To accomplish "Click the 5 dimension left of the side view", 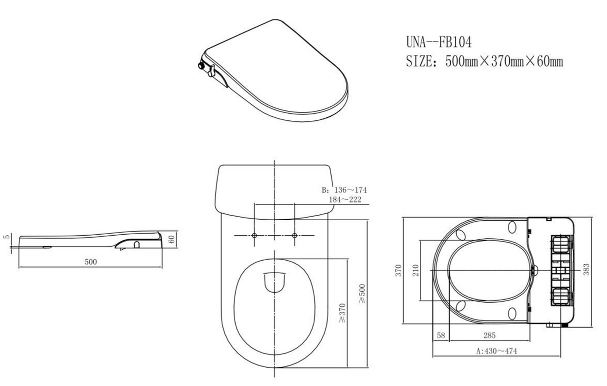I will (6, 237).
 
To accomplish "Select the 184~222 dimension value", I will (345, 200).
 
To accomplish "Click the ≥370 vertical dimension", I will (342, 313).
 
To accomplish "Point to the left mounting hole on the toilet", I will (254, 235).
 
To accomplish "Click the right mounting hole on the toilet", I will (294, 235).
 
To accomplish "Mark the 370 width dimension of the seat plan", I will (398, 270).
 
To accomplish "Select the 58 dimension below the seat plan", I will (441, 336).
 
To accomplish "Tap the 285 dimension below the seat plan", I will (489, 336).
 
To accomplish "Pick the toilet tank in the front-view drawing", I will (274, 190).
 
